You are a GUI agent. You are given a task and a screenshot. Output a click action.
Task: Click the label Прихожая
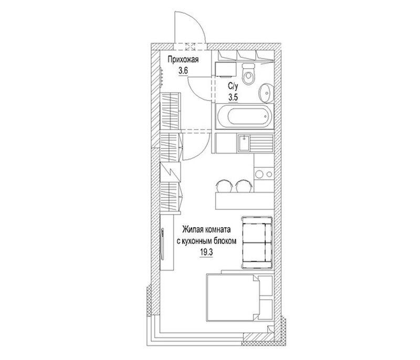[183, 59]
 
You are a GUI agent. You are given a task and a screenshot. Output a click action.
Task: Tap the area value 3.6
[183, 71]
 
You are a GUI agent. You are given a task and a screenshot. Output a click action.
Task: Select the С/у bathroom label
[233, 86]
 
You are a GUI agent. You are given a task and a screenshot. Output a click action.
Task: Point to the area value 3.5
[233, 97]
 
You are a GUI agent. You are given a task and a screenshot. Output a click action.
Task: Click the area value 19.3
[206, 252]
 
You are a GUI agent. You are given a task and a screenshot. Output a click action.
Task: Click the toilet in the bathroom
[248, 74]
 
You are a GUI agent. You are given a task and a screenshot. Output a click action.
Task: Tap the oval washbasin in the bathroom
[266, 92]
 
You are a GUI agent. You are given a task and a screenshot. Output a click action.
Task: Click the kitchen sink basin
[244, 143]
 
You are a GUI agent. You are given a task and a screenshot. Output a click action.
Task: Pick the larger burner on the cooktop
[259, 174]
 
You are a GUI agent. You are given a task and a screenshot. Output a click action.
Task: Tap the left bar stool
[223, 186]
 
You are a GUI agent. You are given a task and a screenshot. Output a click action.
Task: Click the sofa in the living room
[257, 242]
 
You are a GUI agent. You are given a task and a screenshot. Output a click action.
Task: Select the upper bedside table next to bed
[266, 285]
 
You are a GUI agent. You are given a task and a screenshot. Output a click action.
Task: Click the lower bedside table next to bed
[266, 310]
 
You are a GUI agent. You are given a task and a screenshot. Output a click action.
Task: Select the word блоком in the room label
[225, 241]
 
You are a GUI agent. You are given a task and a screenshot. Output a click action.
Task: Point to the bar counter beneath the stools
[245, 201]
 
